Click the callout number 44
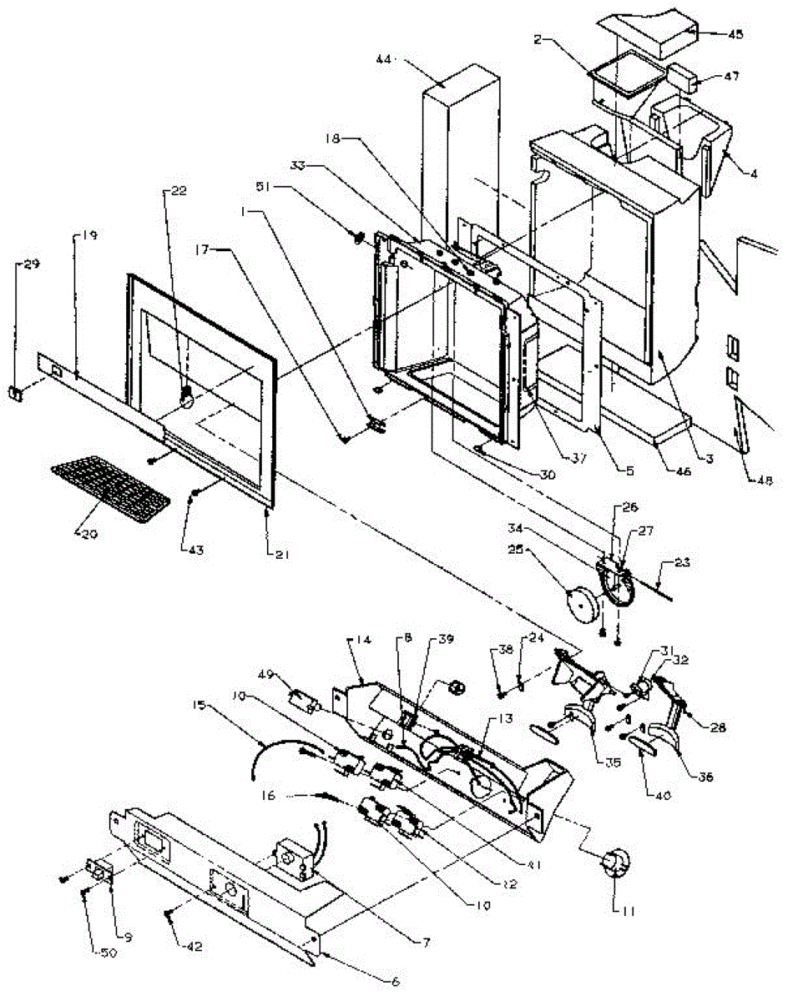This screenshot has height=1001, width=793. click(x=385, y=60)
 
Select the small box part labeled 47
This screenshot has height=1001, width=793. click(x=684, y=79)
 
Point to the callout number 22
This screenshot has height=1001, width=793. click(x=178, y=190)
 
